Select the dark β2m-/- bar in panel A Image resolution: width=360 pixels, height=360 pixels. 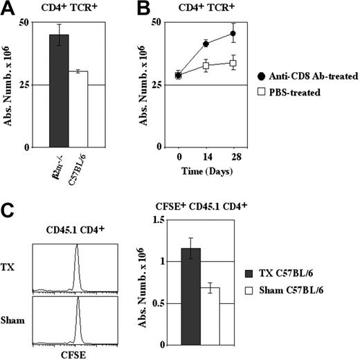coord(58,91)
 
